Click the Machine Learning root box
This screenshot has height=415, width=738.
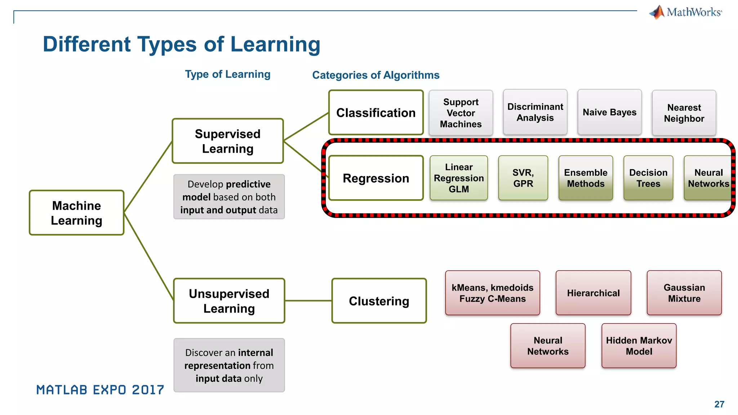(x=76, y=213)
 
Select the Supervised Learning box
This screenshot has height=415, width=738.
(x=228, y=141)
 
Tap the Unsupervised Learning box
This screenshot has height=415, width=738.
(x=229, y=301)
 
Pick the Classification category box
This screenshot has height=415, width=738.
(x=376, y=113)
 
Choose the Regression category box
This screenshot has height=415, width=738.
(x=376, y=178)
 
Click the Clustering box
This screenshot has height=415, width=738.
(x=379, y=301)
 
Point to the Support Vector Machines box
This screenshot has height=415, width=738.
(x=461, y=113)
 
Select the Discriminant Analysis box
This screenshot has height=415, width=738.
(x=535, y=112)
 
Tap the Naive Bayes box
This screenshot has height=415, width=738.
(x=609, y=112)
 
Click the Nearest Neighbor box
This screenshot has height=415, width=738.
(x=684, y=113)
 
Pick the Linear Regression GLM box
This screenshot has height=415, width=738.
(x=459, y=178)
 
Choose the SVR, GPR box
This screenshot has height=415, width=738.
(x=523, y=178)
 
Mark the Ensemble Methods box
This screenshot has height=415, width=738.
(x=586, y=178)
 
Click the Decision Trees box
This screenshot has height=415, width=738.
(x=648, y=178)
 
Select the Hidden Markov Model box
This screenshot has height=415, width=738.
(x=639, y=346)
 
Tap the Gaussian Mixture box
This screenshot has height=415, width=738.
(x=684, y=293)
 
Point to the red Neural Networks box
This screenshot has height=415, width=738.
(x=548, y=346)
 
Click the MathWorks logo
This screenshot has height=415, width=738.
(x=686, y=12)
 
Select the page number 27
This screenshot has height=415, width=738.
(x=719, y=404)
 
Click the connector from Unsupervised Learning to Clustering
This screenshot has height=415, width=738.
(x=308, y=301)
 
